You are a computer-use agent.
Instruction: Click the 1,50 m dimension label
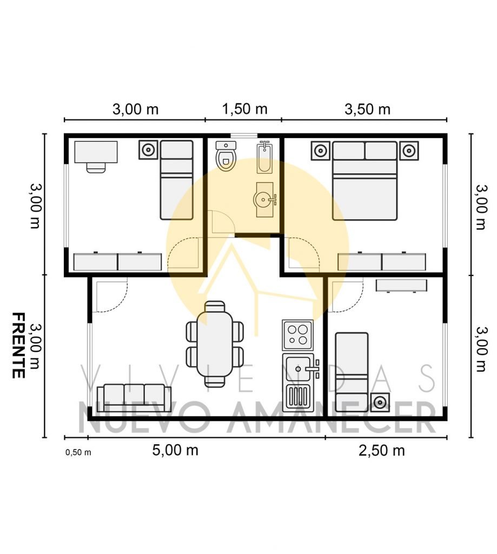tap(244, 109)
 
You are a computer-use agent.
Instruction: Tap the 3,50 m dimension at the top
tap(367, 109)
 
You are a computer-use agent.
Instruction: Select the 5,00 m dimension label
tap(175, 450)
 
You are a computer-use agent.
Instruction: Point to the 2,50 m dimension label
tap(381, 451)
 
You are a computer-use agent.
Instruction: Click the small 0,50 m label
tap(78, 452)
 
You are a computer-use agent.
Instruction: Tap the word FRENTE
tap(18, 345)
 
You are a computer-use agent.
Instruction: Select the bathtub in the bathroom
tap(264, 157)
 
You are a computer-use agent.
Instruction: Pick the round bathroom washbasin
tap(263, 200)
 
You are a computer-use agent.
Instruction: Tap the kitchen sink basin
tap(298, 369)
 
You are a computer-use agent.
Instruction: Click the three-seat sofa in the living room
tap(134, 398)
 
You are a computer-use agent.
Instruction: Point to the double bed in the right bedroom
tap(365, 181)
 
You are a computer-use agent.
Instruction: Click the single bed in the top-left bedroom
tap(177, 180)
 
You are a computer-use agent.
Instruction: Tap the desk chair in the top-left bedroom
tap(96, 168)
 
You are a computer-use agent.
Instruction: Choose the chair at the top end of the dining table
tap(215, 306)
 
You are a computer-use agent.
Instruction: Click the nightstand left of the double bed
tap(320, 151)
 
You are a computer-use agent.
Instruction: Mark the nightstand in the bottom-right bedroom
tap(380, 403)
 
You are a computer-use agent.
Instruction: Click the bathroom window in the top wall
tap(244, 135)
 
